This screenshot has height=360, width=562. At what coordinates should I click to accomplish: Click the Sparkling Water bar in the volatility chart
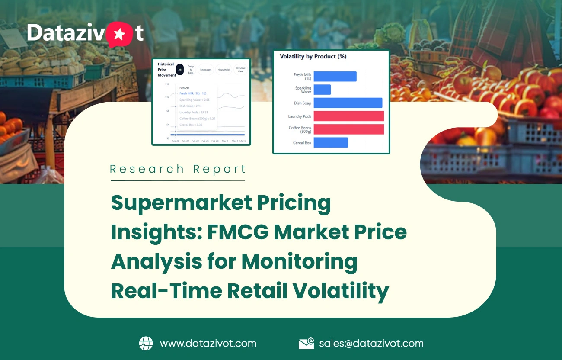coord(322,90)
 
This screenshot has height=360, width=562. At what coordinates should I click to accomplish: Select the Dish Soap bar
coord(348,103)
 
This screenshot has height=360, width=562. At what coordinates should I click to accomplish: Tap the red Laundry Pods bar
coord(349,116)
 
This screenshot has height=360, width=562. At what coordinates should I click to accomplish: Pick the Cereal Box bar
coord(331,142)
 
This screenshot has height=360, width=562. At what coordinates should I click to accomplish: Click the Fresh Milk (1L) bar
coord(335,77)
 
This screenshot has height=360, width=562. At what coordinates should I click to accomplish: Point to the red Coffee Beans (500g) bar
coord(349,129)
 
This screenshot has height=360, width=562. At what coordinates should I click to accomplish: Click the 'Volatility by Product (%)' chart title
coord(313,57)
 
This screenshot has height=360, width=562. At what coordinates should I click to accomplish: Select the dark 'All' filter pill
coord(180,69)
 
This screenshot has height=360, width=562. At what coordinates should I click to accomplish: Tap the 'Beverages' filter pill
coord(205,69)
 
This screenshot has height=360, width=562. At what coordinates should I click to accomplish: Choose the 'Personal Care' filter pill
coord(241,69)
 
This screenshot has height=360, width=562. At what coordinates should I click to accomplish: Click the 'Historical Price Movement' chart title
coord(166,69)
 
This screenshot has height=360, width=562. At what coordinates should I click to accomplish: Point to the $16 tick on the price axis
coord(167,84)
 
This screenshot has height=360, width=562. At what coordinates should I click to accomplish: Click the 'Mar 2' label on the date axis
coord(225,141)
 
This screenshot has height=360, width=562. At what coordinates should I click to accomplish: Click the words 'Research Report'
coord(178,169)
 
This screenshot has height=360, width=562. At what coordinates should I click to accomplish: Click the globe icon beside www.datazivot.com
coord(146,344)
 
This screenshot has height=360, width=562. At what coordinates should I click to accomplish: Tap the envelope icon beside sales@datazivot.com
coord(306,344)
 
